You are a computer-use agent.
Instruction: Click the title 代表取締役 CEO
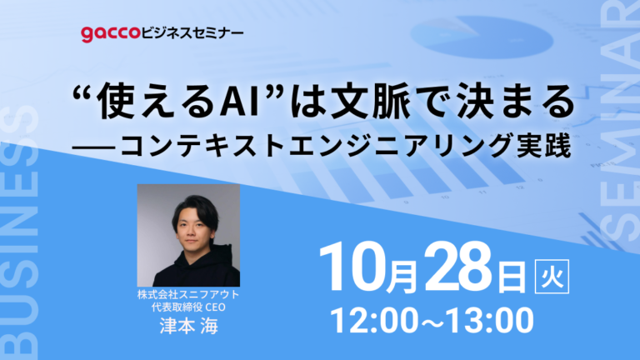tap(189, 308)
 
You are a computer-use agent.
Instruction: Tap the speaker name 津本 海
tap(189, 326)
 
